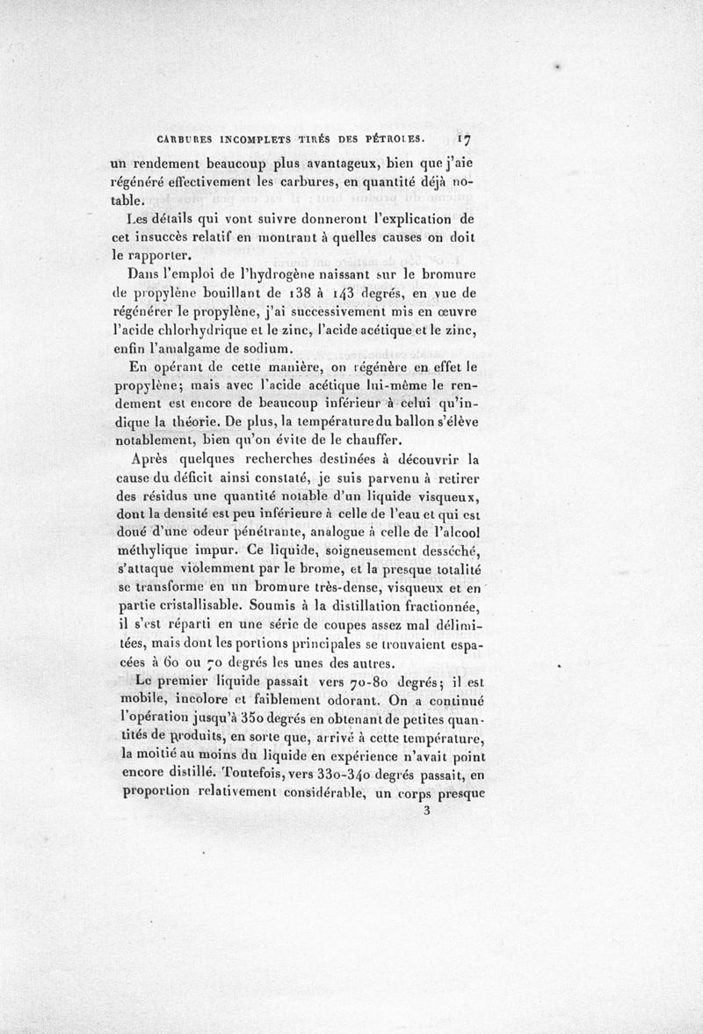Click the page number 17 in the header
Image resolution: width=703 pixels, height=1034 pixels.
466,139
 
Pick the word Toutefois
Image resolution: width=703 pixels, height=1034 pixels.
259,775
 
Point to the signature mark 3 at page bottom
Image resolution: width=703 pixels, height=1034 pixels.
426,812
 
